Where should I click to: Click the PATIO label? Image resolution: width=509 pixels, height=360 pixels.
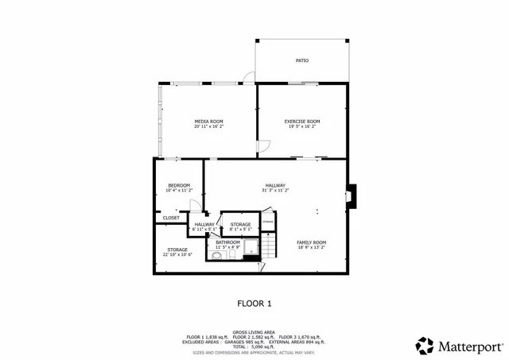[302, 60]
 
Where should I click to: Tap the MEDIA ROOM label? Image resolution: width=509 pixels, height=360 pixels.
[208, 122]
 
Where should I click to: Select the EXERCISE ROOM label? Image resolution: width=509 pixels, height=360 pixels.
[302, 122]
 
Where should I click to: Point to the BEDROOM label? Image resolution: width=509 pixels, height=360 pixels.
[179, 186]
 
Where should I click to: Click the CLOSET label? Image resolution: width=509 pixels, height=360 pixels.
[172, 217]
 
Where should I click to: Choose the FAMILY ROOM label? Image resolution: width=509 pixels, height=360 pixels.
[312, 242]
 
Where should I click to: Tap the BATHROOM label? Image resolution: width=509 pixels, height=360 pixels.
[227, 242]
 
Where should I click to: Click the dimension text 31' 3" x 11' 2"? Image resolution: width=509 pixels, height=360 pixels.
[275, 191]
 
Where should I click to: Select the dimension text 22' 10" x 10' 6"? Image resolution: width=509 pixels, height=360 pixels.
[177, 254]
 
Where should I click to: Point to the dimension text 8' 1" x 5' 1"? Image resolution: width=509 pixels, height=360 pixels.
[240, 230]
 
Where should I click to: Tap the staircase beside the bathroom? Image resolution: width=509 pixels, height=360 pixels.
[270, 246]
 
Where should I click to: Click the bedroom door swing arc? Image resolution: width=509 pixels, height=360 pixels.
[195, 205]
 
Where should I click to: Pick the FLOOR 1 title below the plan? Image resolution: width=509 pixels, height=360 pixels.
[254, 303]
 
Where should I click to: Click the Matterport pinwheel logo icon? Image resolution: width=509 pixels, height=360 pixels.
[425, 346]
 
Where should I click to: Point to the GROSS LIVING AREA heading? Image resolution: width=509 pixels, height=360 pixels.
[254, 332]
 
